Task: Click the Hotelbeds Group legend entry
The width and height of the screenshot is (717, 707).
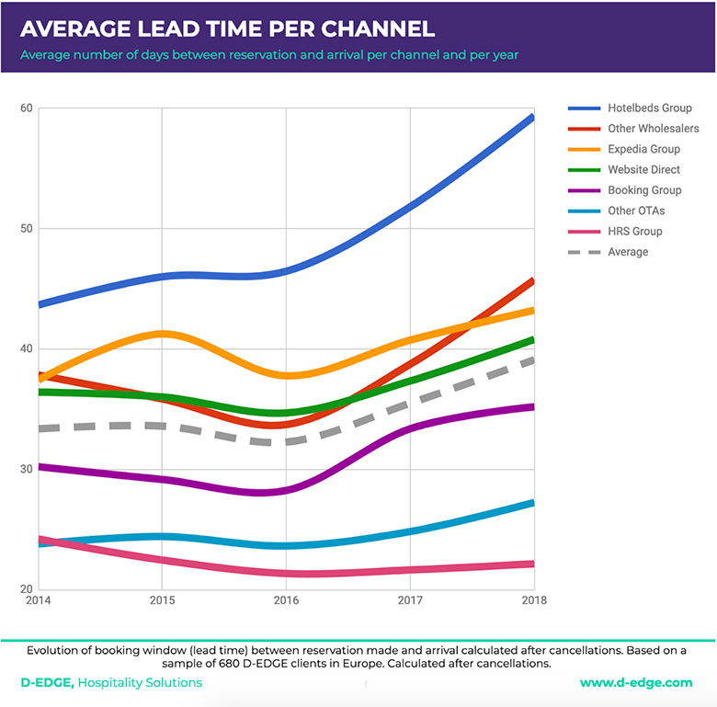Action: tap(650, 108)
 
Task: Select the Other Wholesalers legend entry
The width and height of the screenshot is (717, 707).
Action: tap(653, 129)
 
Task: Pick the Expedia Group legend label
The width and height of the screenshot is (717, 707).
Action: tap(643, 149)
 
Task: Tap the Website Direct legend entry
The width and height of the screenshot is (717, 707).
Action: tap(644, 170)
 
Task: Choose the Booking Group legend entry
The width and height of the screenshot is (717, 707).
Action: tap(644, 190)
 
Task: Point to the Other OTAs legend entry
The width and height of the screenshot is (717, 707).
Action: tap(636, 211)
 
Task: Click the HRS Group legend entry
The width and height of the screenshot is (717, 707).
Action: tap(634, 232)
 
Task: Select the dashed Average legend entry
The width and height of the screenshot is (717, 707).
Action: tap(628, 252)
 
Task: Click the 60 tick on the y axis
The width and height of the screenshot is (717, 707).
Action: tap(27, 108)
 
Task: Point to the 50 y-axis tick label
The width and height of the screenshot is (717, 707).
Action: tap(27, 229)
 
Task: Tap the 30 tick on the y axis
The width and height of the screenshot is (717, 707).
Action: tap(27, 469)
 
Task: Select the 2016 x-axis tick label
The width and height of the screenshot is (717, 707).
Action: tap(286, 601)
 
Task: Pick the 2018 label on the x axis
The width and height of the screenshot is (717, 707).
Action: tap(532, 601)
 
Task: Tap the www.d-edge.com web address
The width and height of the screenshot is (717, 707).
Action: tap(636, 683)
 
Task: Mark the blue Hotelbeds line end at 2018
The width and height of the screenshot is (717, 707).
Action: tap(531, 118)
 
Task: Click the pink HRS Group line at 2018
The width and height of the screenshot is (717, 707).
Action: tap(531, 564)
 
